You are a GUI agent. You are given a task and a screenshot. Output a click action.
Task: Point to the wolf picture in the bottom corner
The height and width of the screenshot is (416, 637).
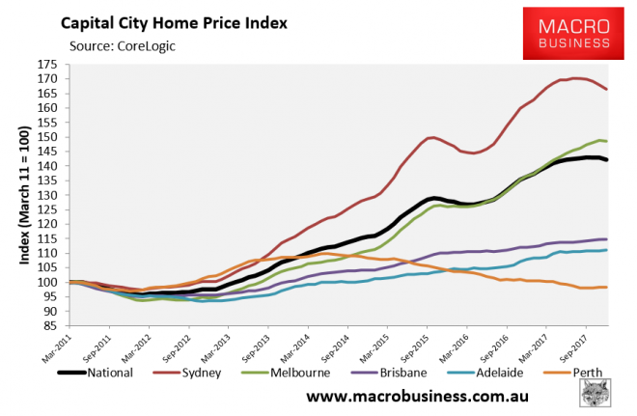tap(600, 395)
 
